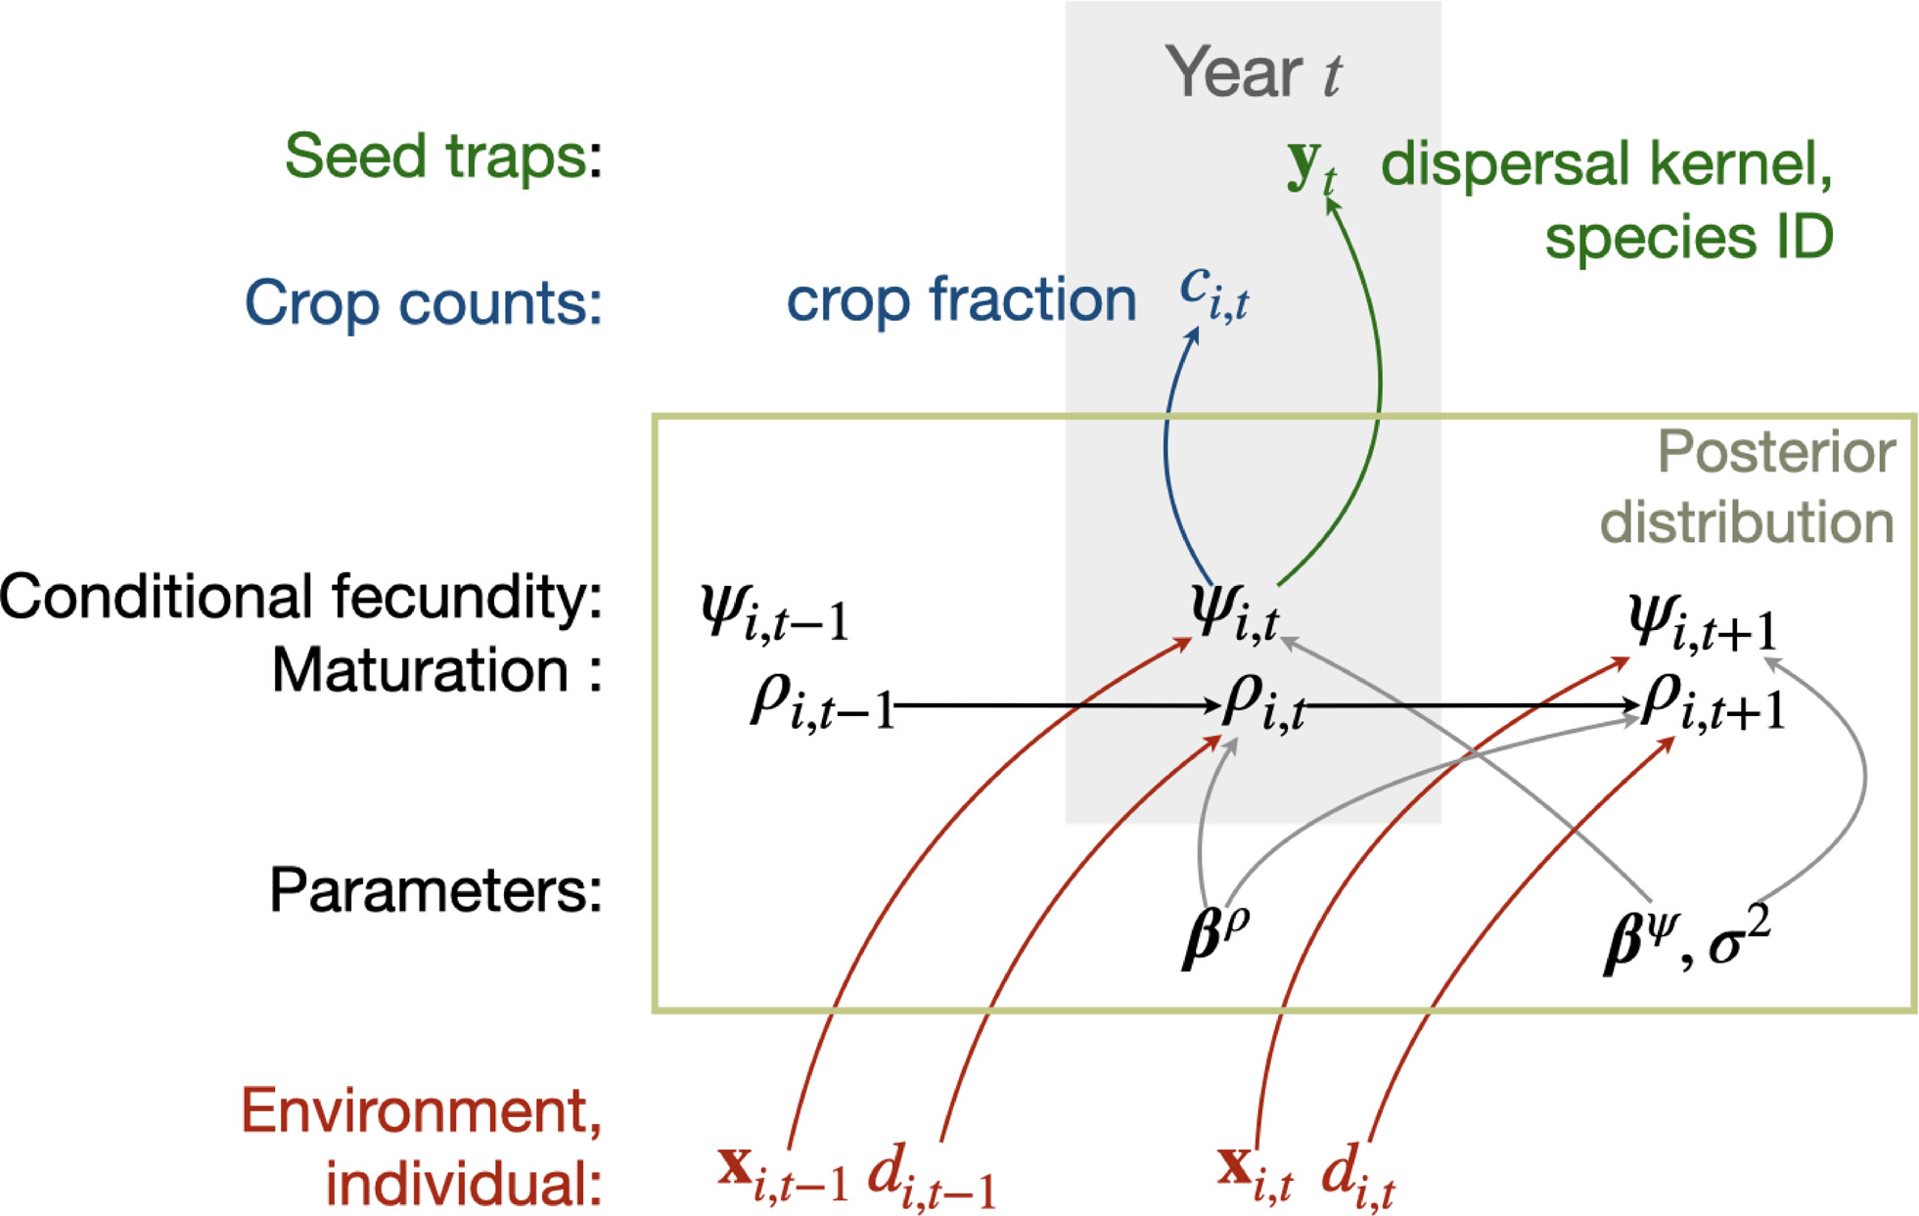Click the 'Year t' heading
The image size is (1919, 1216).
(1253, 71)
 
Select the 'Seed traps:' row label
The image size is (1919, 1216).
(443, 157)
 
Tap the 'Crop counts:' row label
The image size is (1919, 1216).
(423, 302)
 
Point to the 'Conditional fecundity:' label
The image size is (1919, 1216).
(301, 596)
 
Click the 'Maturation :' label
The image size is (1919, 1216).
(437, 670)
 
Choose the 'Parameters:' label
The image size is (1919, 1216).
(436, 890)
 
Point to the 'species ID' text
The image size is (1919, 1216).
(1689, 237)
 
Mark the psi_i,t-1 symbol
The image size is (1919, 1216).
(774, 613)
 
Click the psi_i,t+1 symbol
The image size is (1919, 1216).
(1702, 623)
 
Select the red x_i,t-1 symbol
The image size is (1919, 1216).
(783, 1171)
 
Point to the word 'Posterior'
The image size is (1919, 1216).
(1776, 452)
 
